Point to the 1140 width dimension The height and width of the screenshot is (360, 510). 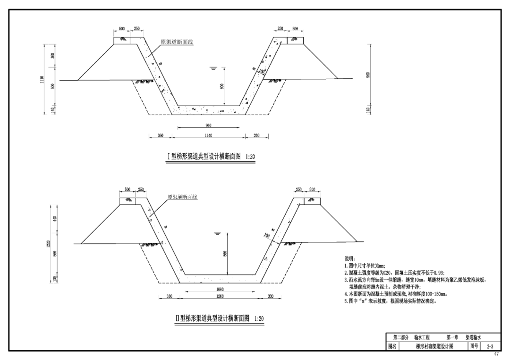[208, 136]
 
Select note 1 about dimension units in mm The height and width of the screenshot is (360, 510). [365, 266]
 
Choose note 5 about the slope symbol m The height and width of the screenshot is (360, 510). [390, 301]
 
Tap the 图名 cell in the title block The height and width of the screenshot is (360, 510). [392, 346]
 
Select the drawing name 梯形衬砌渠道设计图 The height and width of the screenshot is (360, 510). [434, 346]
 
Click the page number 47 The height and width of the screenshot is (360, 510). [495, 353]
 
